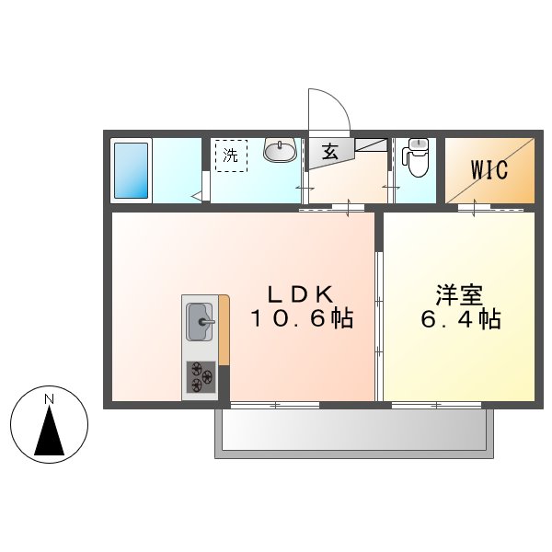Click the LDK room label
point(299,294)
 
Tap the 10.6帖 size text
point(299,319)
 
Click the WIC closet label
point(489,170)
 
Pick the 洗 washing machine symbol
point(231,155)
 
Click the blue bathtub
point(132,170)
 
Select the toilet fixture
point(417,157)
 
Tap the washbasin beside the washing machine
point(279,150)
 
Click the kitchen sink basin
point(200,322)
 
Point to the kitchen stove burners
point(200,376)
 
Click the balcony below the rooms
point(354,430)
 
